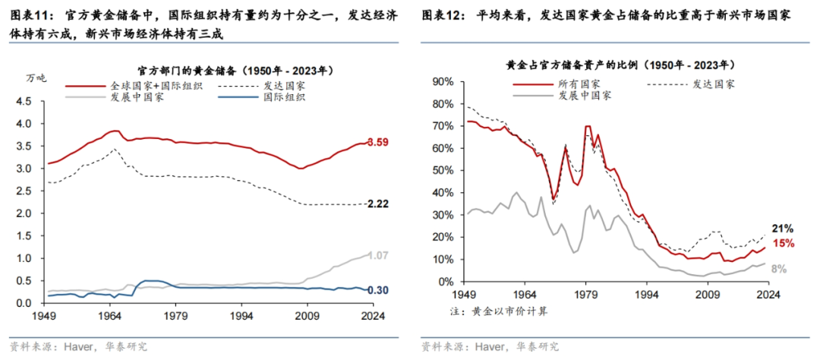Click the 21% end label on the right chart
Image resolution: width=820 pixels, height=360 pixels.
point(784,228)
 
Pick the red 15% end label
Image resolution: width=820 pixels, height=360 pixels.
point(784,243)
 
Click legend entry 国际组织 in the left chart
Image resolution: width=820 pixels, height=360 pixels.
point(284,97)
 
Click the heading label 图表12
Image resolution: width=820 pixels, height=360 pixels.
point(443,15)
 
